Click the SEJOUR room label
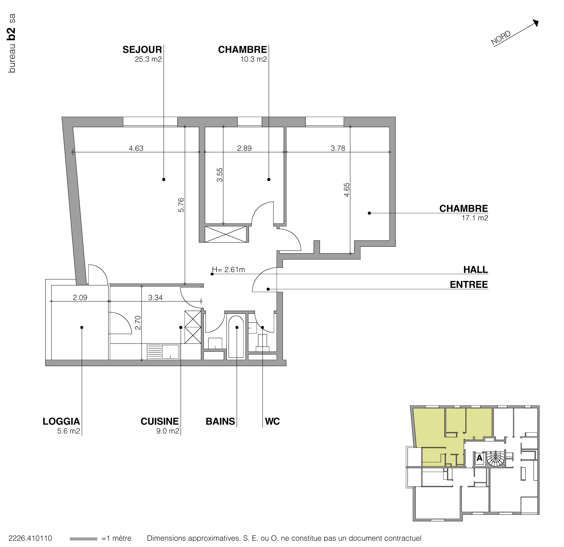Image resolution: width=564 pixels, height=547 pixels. click(x=142, y=50)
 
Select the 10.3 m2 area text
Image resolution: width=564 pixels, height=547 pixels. click(x=253, y=59)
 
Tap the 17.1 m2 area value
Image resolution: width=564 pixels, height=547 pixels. click(x=475, y=218)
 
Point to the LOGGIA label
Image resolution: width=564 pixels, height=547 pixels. click(x=61, y=422)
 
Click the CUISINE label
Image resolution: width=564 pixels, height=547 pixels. click(x=160, y=422)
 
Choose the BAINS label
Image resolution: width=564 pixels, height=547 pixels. click(x=220, y=422)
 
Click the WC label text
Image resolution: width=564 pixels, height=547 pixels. click(x=272, y=422)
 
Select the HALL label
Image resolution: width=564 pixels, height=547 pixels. click(x=476, y=270)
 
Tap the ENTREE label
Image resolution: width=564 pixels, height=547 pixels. click(x=469, y=285)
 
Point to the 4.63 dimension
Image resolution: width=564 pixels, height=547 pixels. click(x=136, y=149)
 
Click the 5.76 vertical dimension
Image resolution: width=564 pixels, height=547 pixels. click(x=181, y=205)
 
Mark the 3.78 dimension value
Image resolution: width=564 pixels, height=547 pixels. click(x=338, y=149)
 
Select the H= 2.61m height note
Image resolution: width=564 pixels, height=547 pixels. click(x=229, y=270)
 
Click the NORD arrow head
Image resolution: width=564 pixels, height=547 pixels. click(x=536, y=22)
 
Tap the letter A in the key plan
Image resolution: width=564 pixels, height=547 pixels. click(x=479, y=459)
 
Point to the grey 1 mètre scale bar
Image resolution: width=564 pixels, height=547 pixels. click(x=83, y=539)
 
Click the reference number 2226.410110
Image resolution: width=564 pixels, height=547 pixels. click(x=30, y=538)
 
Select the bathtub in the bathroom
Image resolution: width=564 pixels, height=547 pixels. click(x=237, y=337)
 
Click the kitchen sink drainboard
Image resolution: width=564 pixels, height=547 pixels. click(x=155, y=351)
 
